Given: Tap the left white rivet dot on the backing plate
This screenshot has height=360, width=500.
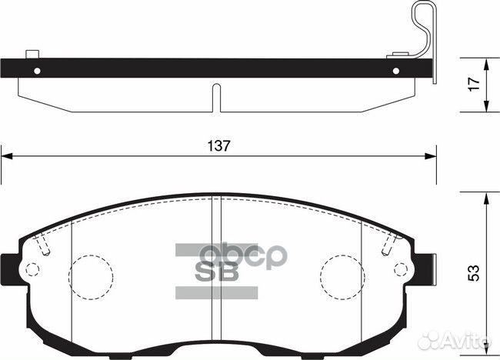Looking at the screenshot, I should coord(37,70).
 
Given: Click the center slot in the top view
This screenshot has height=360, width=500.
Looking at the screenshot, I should coord(216,97).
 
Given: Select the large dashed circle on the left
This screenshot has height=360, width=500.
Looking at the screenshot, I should coord(92,272).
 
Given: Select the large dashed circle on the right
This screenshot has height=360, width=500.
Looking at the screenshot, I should coord(342,272).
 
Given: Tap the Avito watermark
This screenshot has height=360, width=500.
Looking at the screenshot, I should coord(465,338).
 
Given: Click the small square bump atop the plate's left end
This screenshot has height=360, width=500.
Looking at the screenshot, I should coord(31,54).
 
